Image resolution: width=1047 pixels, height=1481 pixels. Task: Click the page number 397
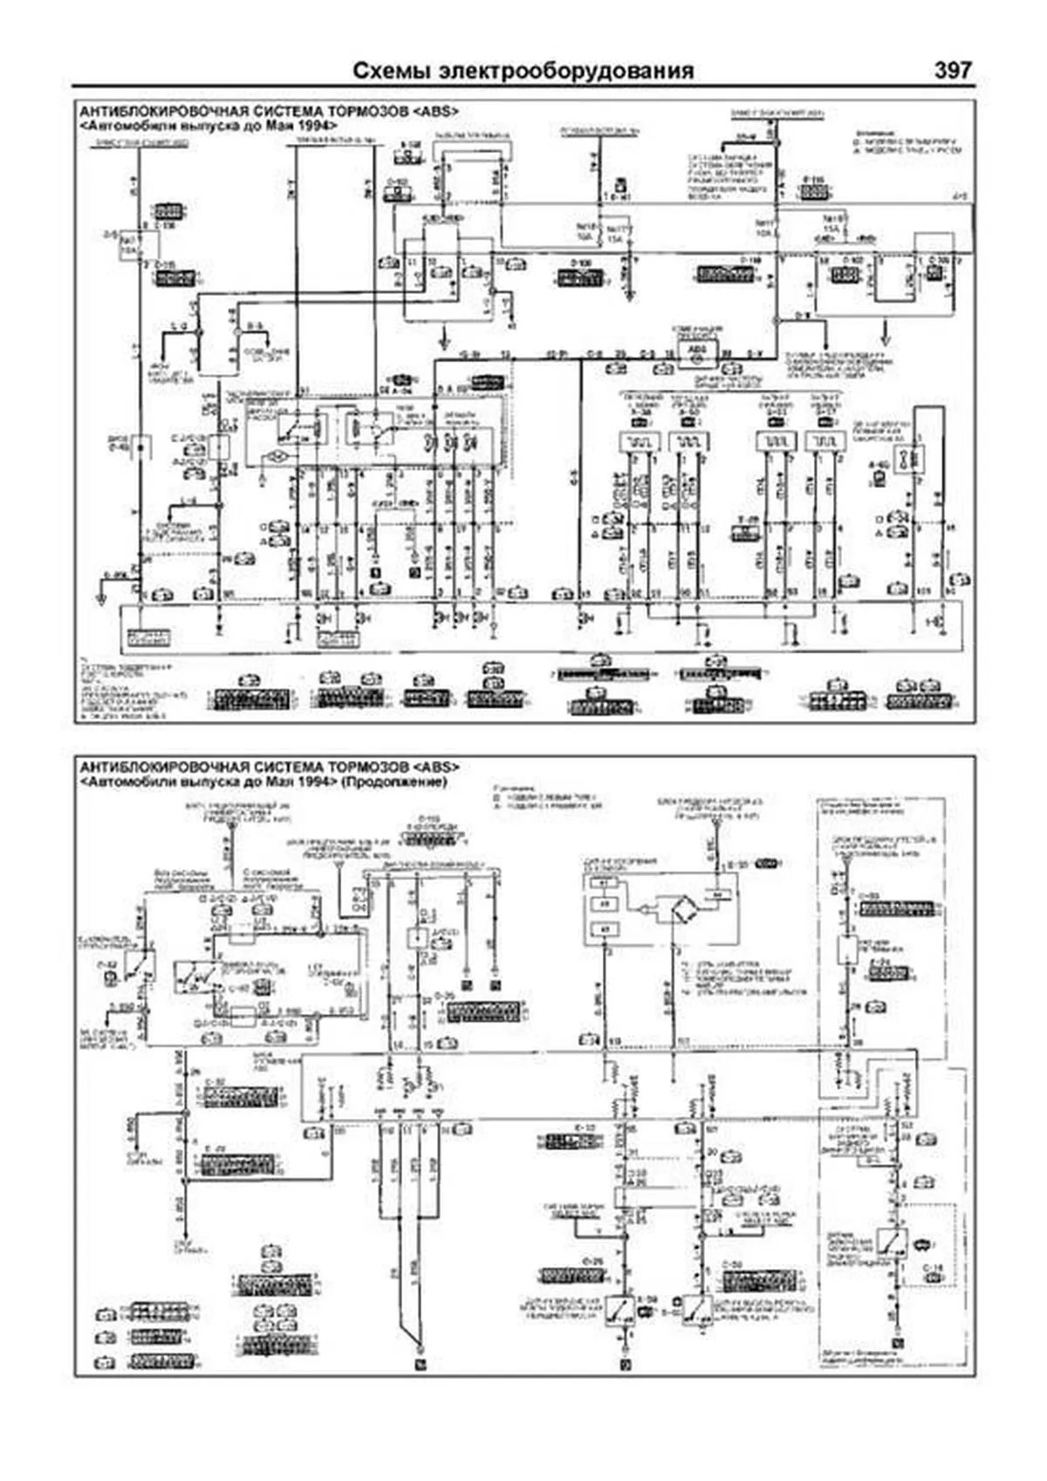[952, 70]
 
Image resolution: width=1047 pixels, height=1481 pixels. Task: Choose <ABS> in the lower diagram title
[435, 767]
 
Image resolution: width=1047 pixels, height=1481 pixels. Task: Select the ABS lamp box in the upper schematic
[696, 352]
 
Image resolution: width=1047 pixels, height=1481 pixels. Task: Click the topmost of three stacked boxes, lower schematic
[604, 882]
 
